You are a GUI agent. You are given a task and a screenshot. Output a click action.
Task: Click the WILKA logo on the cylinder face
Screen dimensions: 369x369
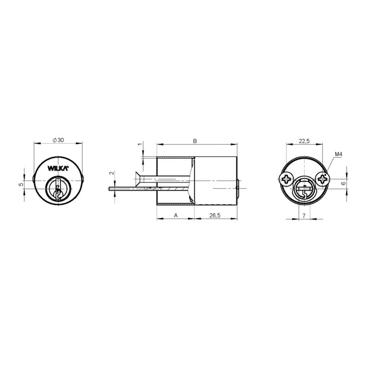coord(58,168)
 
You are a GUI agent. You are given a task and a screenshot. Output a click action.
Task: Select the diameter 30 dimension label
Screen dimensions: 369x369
coord(58,140)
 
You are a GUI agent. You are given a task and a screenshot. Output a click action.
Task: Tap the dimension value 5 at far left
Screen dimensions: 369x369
coord(21,184)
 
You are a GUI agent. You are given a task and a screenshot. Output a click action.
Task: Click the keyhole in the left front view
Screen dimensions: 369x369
coord(58,190)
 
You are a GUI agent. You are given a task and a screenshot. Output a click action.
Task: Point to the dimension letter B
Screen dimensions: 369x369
coord(195,141)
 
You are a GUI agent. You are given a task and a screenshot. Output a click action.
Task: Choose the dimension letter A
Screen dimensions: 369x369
coord(176,215)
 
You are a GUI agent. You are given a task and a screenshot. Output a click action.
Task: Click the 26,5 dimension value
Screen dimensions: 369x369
coord(215,215)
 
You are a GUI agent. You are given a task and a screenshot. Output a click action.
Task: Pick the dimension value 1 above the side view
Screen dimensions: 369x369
coord(140,144)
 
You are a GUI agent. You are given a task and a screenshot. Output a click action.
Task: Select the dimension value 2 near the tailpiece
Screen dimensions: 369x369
coord(112,173)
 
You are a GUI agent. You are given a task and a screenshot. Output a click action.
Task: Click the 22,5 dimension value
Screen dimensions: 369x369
coord(304,141)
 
